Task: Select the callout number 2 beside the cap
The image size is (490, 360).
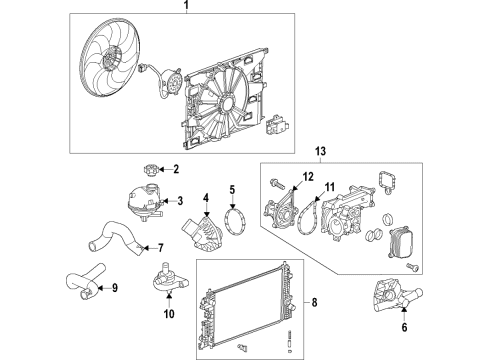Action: coord(176,169)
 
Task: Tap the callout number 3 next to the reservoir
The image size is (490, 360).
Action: coord(181,201)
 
